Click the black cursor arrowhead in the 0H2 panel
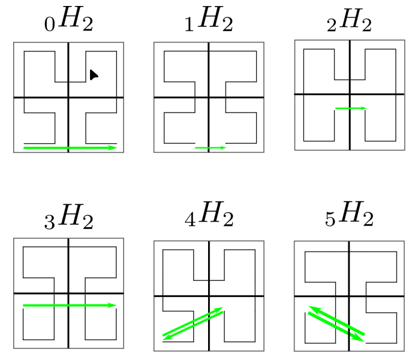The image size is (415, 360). coord(94,75)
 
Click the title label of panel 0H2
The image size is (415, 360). coord(68,22)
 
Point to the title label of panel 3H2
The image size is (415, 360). coord(68,219)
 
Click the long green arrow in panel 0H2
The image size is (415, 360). coord(69,147)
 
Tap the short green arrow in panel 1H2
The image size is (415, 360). coord(210,147)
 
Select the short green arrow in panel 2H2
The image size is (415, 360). coord(350,108)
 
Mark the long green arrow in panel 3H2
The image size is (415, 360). coord(69,305)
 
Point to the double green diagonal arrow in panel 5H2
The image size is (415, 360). coord(336,323)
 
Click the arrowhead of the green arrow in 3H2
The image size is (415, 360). coord(112,305)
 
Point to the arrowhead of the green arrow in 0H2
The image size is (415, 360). coord(113,147)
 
